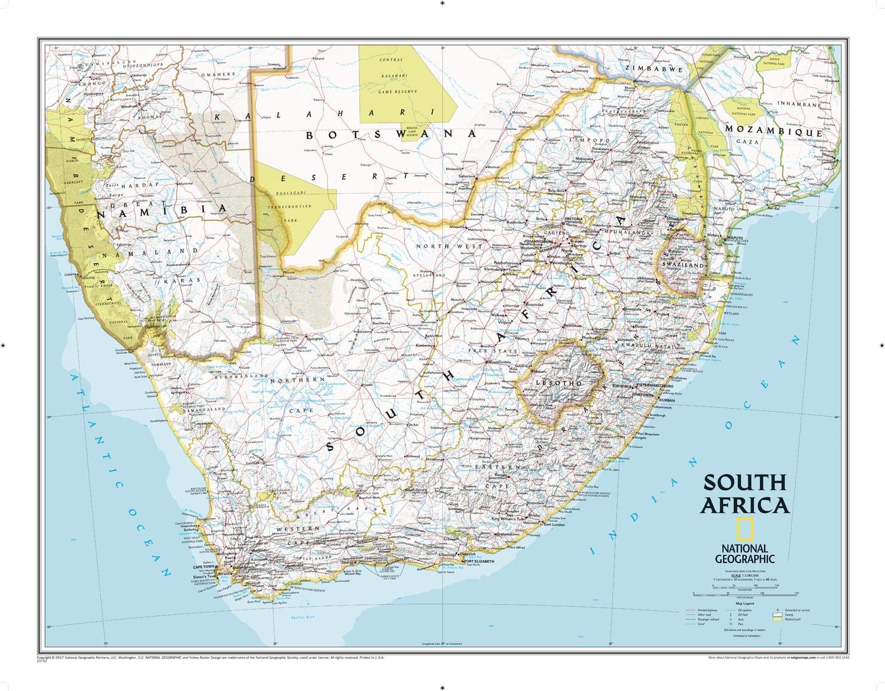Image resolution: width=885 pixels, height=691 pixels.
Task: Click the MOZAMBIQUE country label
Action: (783, 130)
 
